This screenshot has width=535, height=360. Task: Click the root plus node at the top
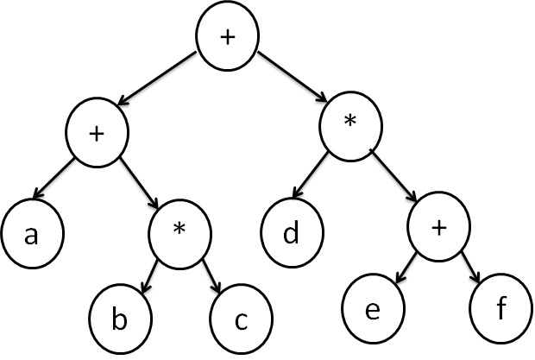point(228,37)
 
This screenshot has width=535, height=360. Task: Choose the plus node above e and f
point(438,228)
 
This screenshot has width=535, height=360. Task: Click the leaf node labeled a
point(30,234)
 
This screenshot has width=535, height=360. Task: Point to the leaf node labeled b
point(120,320)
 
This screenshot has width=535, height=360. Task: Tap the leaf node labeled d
point(293,232)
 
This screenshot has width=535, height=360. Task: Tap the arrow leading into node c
point(212,276)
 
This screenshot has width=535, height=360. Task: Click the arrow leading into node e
point(404,269)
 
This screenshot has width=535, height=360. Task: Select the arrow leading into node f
point(470,268)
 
